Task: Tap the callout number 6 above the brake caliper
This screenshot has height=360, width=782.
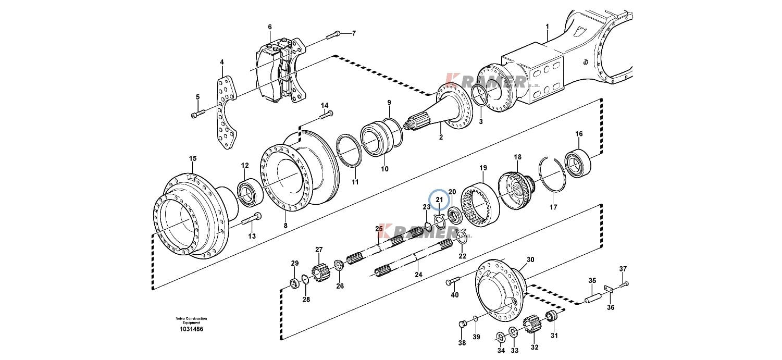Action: point(270,27)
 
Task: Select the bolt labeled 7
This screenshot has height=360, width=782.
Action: point(333,34)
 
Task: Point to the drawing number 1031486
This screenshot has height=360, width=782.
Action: point(191,329)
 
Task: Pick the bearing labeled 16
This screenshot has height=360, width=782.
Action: point(578,163)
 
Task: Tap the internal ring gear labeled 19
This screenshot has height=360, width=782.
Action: point(480,205)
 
